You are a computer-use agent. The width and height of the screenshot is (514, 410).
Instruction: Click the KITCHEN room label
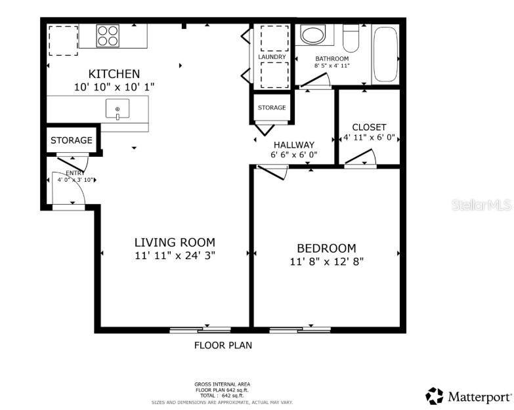click(114, 73)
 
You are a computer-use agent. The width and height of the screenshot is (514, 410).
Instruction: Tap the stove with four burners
click(108, 35)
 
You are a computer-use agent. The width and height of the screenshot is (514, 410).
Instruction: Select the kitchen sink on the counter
click(118, 110)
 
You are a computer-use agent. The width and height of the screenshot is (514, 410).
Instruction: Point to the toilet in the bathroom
click(351, 39)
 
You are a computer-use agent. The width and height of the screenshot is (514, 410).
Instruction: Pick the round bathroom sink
click(312, 35)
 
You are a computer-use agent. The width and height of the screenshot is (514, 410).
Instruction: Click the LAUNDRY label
click(272, 57)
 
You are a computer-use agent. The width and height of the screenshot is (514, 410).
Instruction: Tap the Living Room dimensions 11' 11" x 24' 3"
click(175, 255)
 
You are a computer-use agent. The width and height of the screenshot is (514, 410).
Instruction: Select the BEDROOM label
click(326, 248)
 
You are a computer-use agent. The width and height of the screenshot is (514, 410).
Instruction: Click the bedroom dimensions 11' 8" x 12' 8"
click(326, 261)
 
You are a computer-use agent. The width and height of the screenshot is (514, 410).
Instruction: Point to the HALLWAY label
click(293, 144)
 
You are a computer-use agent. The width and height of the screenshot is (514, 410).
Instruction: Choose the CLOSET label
click(369, 127)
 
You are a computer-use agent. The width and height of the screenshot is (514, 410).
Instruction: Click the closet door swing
click(362, 158)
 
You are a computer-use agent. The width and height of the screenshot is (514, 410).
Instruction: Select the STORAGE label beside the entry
click(72, 140)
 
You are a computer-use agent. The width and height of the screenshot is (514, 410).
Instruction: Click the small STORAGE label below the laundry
click(272, 108)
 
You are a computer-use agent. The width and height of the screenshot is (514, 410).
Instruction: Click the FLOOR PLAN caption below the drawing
click(223, 345)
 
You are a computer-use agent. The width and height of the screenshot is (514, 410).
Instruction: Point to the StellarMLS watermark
click(481, 205)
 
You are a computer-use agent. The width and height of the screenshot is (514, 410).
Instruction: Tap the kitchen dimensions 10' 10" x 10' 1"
click(114, 87)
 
